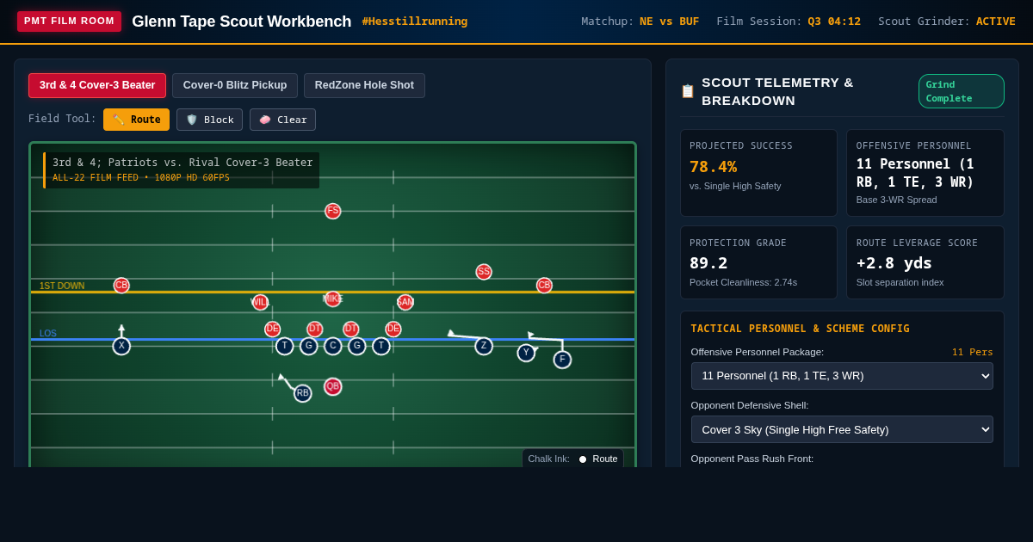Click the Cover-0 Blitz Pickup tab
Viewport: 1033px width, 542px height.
coord(235,85)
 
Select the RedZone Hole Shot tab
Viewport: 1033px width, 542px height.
coord(364,85)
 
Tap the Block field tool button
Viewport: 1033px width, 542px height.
coord(209,120)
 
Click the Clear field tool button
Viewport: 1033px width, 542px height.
coord(282,120)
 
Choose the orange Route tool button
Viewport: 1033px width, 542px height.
coord(137,120)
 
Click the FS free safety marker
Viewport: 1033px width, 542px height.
coord(332,211)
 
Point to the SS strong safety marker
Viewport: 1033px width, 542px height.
coord(484,272)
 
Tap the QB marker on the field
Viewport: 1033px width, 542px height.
coord(332,386)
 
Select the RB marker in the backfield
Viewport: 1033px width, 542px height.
coord(302,393)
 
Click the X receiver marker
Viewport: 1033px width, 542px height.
coord(121,346)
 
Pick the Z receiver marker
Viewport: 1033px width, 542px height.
coord(484,346)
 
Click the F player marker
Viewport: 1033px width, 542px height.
coord(562,360)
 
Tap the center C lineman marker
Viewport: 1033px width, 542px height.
coord(332,346)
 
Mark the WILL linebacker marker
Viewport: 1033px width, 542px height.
coord(260,302)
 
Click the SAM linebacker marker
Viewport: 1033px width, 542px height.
coord(405,302)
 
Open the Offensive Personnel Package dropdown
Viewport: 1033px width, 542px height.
coord(842,376)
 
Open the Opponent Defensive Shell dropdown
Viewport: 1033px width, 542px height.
coord(842,429)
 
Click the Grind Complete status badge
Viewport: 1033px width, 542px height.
coord(961,91)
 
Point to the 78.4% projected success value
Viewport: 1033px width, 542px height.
coord(714,167)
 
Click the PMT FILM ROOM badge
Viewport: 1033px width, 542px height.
coord(69,22)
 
